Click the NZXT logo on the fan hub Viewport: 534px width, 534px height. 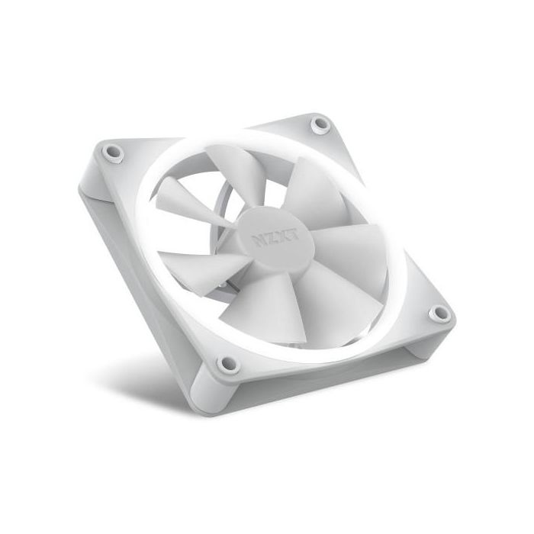[275, 238]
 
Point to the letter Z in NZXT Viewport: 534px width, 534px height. [270, 240]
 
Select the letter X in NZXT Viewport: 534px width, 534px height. [281, 237]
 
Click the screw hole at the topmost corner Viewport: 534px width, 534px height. [320, 124]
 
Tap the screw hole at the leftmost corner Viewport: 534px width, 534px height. [113, 153]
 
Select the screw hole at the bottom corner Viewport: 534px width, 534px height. [227, 365]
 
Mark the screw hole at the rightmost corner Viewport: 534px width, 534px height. [439, 314]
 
